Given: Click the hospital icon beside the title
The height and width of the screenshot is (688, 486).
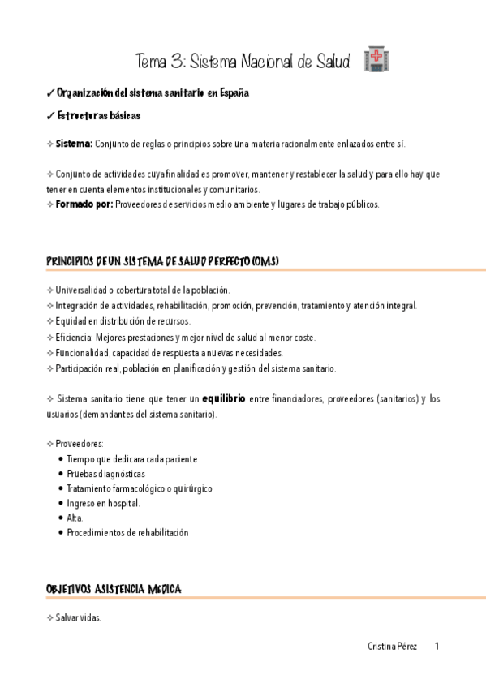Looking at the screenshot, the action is pos(377,59).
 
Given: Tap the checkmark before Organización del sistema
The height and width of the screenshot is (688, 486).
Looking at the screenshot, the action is pos(49,93).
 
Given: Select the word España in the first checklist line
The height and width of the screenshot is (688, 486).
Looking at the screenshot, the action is pos(232,93).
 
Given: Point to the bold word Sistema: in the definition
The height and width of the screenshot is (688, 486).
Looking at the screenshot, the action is pos(74,144).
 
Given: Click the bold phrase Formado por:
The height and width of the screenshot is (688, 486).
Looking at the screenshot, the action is pos(84,204).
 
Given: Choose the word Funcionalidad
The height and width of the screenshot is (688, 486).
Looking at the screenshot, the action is pos(82,353).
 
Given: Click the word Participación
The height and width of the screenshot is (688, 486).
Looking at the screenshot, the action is pos(81,368).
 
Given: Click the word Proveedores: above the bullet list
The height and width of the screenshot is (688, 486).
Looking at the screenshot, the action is pos(79,444).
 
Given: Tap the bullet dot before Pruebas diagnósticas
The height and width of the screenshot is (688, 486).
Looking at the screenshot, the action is pos(61,474).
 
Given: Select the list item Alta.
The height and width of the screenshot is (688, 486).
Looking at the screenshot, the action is pos(75,518).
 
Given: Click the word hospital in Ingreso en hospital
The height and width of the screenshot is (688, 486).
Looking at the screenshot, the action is pos(124,503).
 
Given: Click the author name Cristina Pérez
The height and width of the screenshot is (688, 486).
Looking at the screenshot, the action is pos(393,647).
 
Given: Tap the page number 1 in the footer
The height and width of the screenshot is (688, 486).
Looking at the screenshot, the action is pos(437,647).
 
